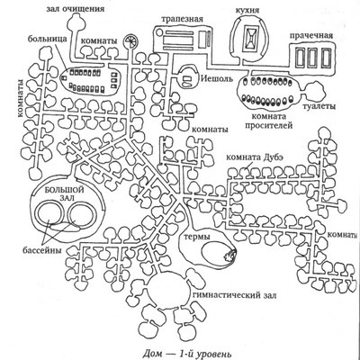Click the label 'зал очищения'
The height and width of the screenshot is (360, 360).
[76, 9]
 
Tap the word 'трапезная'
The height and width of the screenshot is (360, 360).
[182, 19]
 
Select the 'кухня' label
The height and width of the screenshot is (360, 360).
[247, 10]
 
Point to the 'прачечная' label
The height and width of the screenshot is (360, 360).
[311, 36]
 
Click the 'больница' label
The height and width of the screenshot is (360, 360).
[47, 39]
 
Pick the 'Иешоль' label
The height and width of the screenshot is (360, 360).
[216, 79]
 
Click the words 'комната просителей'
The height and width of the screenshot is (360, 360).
[268, 121]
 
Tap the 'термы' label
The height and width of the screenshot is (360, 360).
[196, 237]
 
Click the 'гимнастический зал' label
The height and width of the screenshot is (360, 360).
[235, 295]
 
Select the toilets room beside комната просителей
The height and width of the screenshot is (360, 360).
[314, 93]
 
